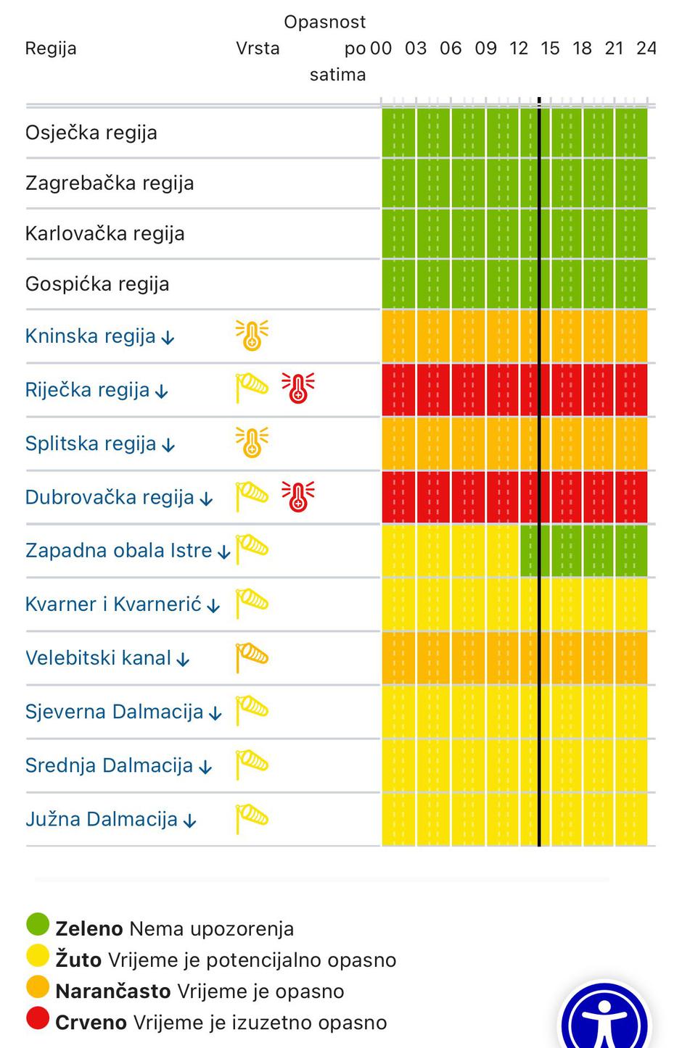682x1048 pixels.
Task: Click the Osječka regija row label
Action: [91, 133]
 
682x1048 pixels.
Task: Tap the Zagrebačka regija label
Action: [110, 183]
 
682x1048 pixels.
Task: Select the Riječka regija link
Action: [88, 391]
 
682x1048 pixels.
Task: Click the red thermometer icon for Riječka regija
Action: [297, 388]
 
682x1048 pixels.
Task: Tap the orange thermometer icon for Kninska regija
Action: [252, 336]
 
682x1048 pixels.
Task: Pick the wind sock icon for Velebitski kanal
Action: [252, 657]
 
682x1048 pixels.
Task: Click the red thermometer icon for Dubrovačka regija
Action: [297, 496]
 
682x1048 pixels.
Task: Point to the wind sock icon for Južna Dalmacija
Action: [252, 818]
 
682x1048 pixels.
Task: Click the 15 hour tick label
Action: [550, 49]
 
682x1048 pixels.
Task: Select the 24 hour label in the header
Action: [646, 49]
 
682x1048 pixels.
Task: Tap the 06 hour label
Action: [451, 49]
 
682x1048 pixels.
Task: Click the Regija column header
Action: [51, 49]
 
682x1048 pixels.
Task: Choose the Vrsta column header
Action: [258, 49]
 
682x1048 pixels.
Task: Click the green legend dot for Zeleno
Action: [38, 925]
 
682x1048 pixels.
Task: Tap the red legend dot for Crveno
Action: [38, 1018]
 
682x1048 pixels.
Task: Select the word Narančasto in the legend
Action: [113, 991]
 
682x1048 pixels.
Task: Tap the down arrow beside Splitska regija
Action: [168, 445]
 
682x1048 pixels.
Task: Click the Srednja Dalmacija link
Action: [109, 766]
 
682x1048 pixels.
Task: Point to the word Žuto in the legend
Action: [78, 960]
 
